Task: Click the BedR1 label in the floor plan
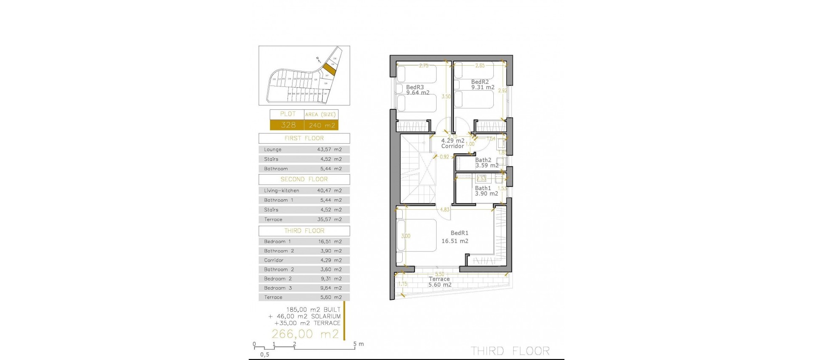click(459, 233)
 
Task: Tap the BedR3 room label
click(415, 87)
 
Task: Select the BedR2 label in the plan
click(480, 82)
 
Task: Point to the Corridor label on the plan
click(453, 146)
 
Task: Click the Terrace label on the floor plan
click(439, 279)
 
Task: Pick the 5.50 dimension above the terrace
click(440, 274)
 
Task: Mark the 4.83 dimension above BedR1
click(445, 210)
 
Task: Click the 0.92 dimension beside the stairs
click(444, 157)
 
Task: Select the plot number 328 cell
click(288, 125)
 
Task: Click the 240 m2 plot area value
click(322, 125)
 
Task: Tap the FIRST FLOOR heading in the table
click(304, 138)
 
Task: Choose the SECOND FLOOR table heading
click(304, 180)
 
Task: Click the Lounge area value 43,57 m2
click(329, 150)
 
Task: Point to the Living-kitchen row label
click(282, 191)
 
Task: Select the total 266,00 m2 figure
click(305, 334)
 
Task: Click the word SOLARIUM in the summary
click(326, 316)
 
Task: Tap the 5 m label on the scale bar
click(358, 344)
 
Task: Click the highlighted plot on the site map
click(329, 69)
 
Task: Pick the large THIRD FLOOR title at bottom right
click(510, 351)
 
